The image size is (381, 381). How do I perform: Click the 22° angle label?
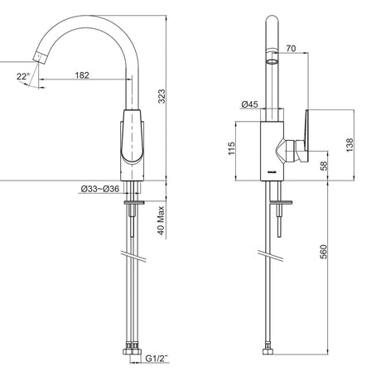coord(23,76)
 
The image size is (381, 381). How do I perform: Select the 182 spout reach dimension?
coord(82,75)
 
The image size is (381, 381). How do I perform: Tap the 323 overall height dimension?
coord(162,96)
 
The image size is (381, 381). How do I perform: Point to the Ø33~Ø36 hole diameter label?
coord(100,189)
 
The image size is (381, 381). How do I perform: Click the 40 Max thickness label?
coord(161,220)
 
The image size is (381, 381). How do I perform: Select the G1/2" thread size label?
coord(157,359)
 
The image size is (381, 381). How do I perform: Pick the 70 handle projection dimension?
coord(291,49)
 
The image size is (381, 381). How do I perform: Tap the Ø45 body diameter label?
coord(249,104)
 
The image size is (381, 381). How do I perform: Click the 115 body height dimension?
coord(231,148)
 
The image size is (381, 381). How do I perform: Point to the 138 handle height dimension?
coord(350,145)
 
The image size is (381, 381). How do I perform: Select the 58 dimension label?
coord(324,166)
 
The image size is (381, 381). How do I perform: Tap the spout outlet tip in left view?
coord(40,58)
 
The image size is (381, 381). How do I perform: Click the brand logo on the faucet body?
coord(272,172)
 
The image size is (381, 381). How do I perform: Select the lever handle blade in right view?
coord(306,135)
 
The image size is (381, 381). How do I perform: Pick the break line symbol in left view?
coord(133,256)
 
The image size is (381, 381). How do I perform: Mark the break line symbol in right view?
coord(270,256)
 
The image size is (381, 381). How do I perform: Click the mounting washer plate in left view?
coord(134,203)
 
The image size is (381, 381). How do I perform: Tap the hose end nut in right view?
coord(268,351)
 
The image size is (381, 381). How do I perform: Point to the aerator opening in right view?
coord(272,61)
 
